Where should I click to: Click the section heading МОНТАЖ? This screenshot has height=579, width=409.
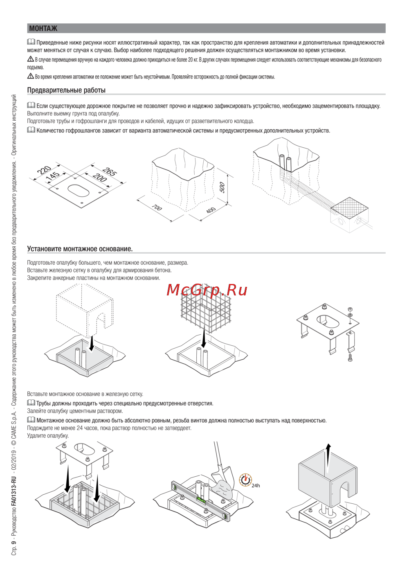pyautogui.click(x=43, y=28)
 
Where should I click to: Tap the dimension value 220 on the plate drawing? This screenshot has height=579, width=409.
pyautogui.click(x=44, y=170)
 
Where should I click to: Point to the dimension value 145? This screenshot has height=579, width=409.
pyautogui.click(x=53, y=176)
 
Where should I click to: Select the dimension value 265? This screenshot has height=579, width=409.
pyautogui.click(x=110, y=171)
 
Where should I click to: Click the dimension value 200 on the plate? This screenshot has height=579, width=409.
pyautogui.click(x=100, y=177)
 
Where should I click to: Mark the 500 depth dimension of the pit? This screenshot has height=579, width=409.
pyautogui.click(x=222, y=187)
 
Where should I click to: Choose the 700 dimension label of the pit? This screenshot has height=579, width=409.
pyautogui.click(x=157, y=207)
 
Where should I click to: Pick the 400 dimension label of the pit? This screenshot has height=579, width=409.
pyautogui.click(x=211, y=210)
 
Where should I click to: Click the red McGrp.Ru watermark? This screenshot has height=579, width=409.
pyautogui.click(x=207, y=290)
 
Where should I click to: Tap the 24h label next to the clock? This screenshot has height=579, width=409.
pyautogui.click(x=256, y=485)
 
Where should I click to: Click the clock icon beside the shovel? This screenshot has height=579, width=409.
pyautogui.click(x=245, y=480)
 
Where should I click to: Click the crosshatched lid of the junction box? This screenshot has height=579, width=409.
pyautogui.click(x=348, y=206)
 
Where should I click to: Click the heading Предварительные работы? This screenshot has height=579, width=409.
pyautogui.click(x=66, y=90)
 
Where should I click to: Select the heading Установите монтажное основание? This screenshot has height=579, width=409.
pyautogui.click(x=80, y=249)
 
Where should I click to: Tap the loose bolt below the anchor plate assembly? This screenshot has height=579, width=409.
pyautogui.click(x=350, y=358)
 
